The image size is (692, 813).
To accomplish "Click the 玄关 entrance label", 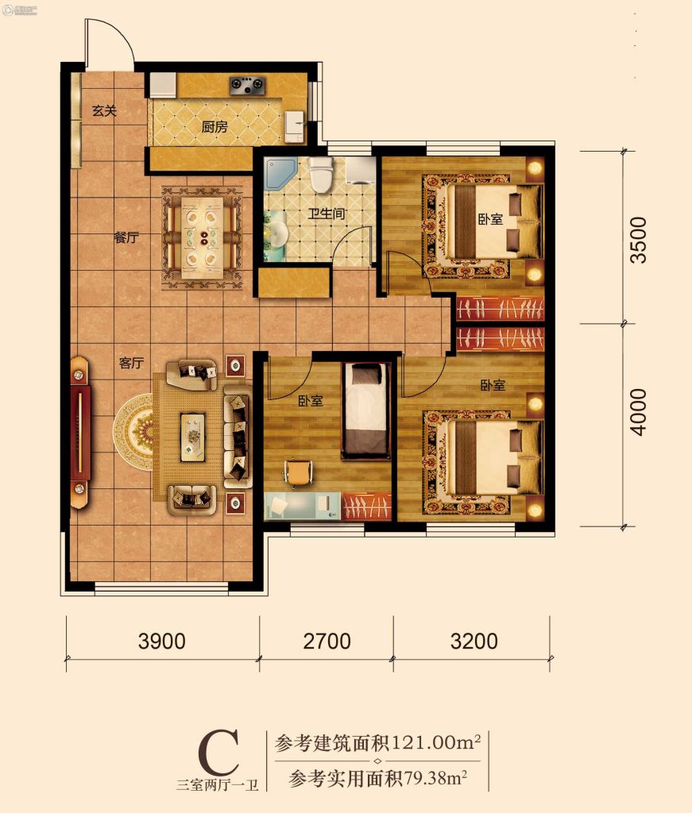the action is pyautogui.click(x=104, y=110).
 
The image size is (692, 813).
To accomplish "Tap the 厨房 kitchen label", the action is pyautogui.click(x=215, y=126).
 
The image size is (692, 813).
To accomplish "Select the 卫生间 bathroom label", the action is pyautogui.click(x=327, y=213).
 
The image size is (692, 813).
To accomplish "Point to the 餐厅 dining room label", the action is pyautogui.click(x=126, y=238).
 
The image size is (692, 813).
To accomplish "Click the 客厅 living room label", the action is pyautogui.click(x=131, y=362).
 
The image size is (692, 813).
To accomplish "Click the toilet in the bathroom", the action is pyautogui.click(x=321, y=174).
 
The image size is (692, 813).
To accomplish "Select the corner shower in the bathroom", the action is pyautogui.click(x=280, y=174).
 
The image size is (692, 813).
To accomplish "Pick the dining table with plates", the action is pyautogui.click(x=203, y=237).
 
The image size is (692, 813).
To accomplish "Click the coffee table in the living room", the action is pyautogui.click(x=193, y=437).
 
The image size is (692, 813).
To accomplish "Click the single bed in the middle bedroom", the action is pyautogui.click(x=365, y=410).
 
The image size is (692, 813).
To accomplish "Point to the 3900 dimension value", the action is pyautogui.click(x=162, y=642).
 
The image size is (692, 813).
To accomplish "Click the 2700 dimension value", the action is pyautogui.click(x=327, y=642).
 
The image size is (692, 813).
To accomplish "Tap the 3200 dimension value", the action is pyautogui.click(x=474, y=642).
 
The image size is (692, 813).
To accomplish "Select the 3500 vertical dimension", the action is pyautogui.click(x=638, y=240).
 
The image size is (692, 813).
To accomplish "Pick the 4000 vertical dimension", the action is pyautogui.click(x=638, y=412).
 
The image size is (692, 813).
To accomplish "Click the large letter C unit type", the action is pyautogui.click(x=219, y=753).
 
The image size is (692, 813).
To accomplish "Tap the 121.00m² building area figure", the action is pyautogui.click(x=435, y=743).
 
